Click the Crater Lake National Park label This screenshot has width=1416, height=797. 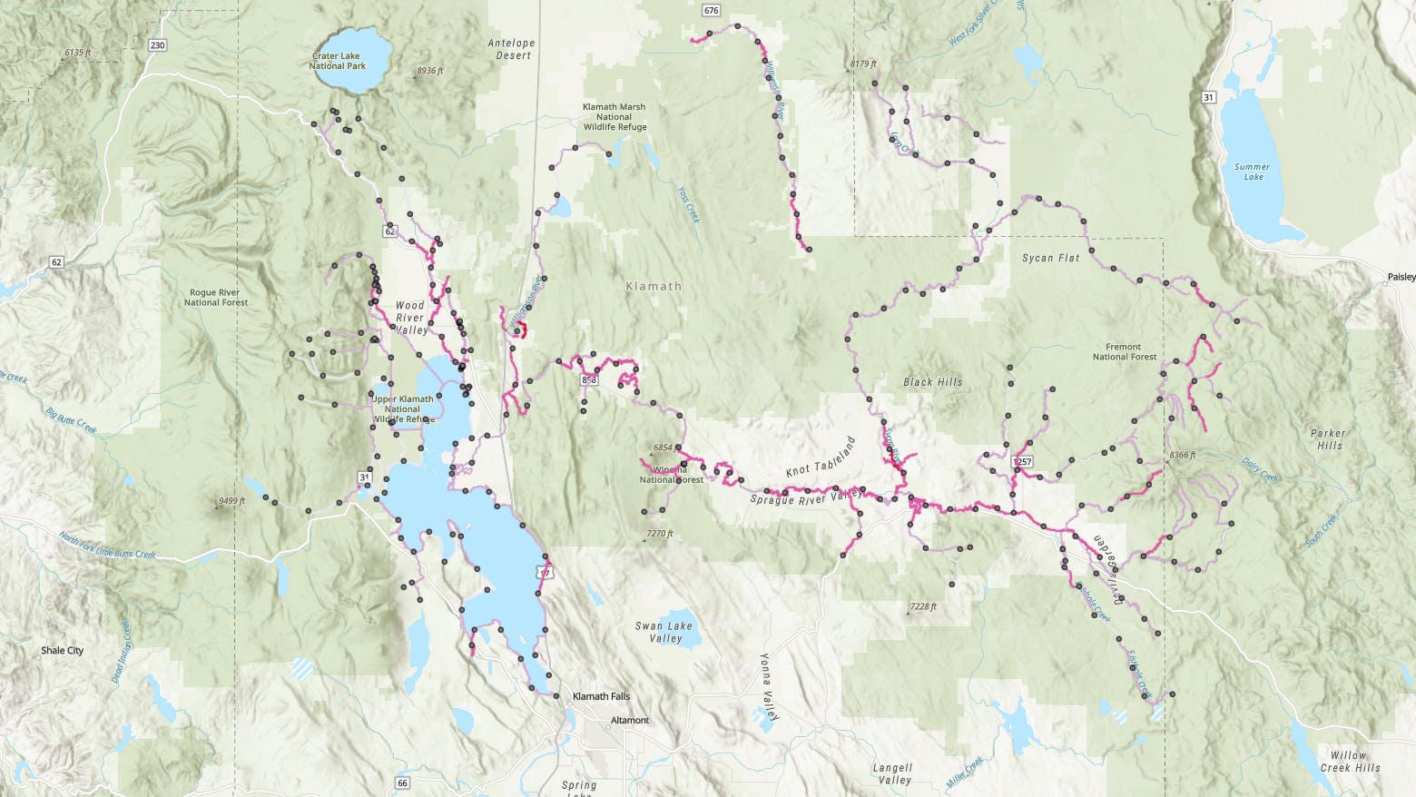coord(337,61)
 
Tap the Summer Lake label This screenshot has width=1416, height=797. coord(1252,172)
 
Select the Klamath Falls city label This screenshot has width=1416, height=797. coord(601,696)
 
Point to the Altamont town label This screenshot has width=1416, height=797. coord(630,720)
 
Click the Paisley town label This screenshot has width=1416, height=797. coord(1401,276)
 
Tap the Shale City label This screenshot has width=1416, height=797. coord(62,650)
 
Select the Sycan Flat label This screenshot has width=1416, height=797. coord(1051,258)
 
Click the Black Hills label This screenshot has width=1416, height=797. coord(933,382)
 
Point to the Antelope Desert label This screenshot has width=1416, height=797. coord(512,49)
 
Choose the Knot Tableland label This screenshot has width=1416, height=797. coord(821,458)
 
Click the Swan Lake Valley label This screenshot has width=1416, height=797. coord(664,632)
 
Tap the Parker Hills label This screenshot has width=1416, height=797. coord(1330,439)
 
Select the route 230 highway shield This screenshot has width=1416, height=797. coord(158,45)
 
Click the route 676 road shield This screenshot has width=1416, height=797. coord(711,11)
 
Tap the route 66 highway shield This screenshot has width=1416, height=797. coord(403,782)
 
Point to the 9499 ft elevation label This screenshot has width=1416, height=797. coord(231,500)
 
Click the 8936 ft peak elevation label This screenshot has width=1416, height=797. coord(429,71)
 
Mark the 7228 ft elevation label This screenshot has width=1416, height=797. coord(922,606)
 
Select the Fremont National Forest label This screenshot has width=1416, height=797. coord(1124,351)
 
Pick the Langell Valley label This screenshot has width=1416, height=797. coord(894,773)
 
